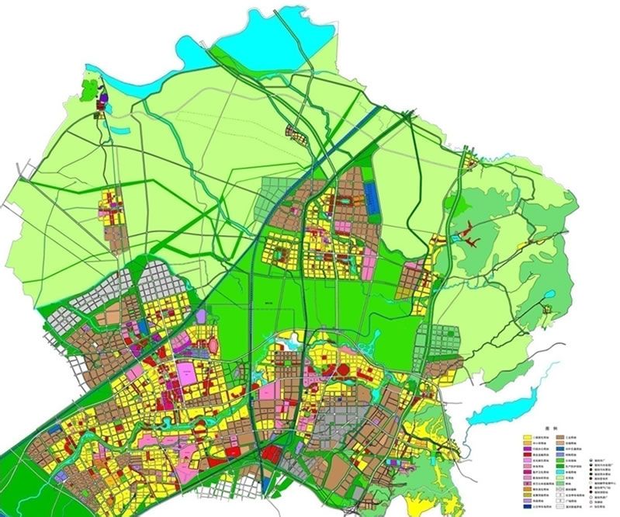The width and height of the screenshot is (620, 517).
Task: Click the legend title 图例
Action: pos(551,428)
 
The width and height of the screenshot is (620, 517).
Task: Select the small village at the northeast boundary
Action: pos(469,162)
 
